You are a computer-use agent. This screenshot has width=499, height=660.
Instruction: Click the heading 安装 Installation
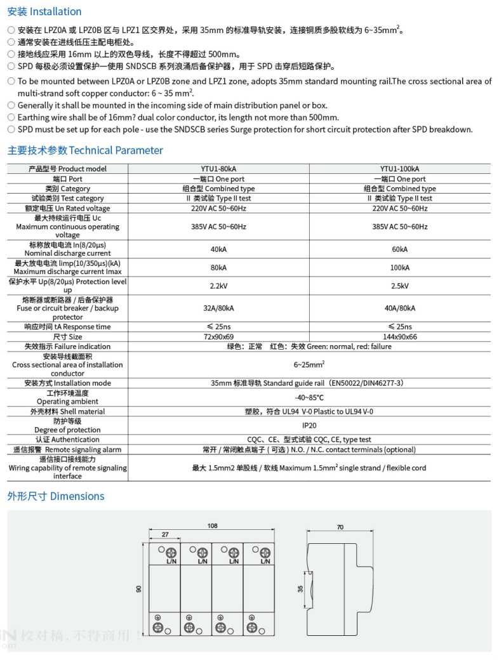pyautogui.click(x=44, y=11)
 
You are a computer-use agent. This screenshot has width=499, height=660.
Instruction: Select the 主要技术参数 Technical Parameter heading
pyautogui.click(x=85, y=150)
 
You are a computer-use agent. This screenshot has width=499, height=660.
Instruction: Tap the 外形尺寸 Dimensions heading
pyautogui.click(x=56, y=496)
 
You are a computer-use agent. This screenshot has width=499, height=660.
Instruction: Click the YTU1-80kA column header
pyautogui.click(x=218, y=169)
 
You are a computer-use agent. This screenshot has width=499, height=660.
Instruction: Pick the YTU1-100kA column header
pyautogui.click(x=400, y=169)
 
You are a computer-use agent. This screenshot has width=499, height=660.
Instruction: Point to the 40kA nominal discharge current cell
pyautogui.click(x=218, y=249)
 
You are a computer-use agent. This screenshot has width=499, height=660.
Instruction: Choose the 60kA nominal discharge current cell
pyautogui.click(x=400, y=249)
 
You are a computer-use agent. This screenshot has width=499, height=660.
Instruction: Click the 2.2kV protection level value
pyautogui.click(x=218, y=286)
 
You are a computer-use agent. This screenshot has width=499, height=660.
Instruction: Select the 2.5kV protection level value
pyautogui.click(x=400, y=286)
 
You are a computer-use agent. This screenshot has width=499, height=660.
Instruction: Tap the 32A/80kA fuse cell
pyautogui.click(x=218, y=308)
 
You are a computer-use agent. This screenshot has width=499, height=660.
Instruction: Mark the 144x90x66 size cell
pyautogui.click(x=400, y=337)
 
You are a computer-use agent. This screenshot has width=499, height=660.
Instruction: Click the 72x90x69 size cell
pyautogui.click(x=218, y=337)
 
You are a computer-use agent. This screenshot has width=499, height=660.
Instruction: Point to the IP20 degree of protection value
pyautogui.click(x=310, y=426)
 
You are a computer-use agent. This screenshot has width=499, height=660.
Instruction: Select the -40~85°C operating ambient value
pyautogui.click(x=310, y=397)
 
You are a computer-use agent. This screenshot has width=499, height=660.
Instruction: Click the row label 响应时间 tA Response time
pyautogui.click(x=67, y=327)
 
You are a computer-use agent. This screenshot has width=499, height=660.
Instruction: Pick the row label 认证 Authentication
pyautogui.click(x=67, y=439)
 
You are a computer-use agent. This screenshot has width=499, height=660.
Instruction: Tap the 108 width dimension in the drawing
pyautogui.click(x=213, y=525)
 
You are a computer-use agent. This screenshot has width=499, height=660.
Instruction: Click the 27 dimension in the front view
pyautogui.click(x=164, y=535)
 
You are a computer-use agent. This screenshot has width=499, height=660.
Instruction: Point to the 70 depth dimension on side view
pyautogui.click(x=340, y=527)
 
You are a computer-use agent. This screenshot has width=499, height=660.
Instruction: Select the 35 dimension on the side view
pyautogui.click(x=300, y=589)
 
